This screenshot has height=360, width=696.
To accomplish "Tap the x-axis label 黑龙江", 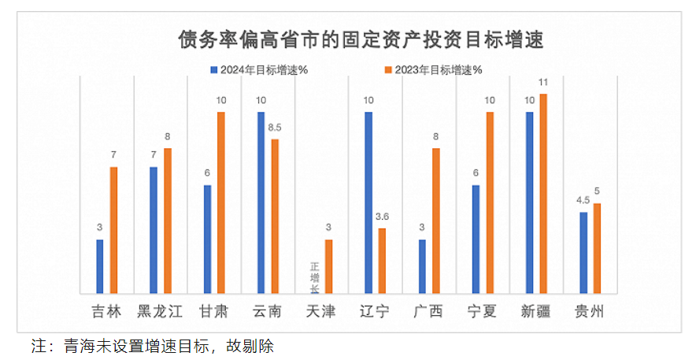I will tap(160, 312).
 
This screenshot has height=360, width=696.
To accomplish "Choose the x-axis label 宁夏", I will tap(482, 312).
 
